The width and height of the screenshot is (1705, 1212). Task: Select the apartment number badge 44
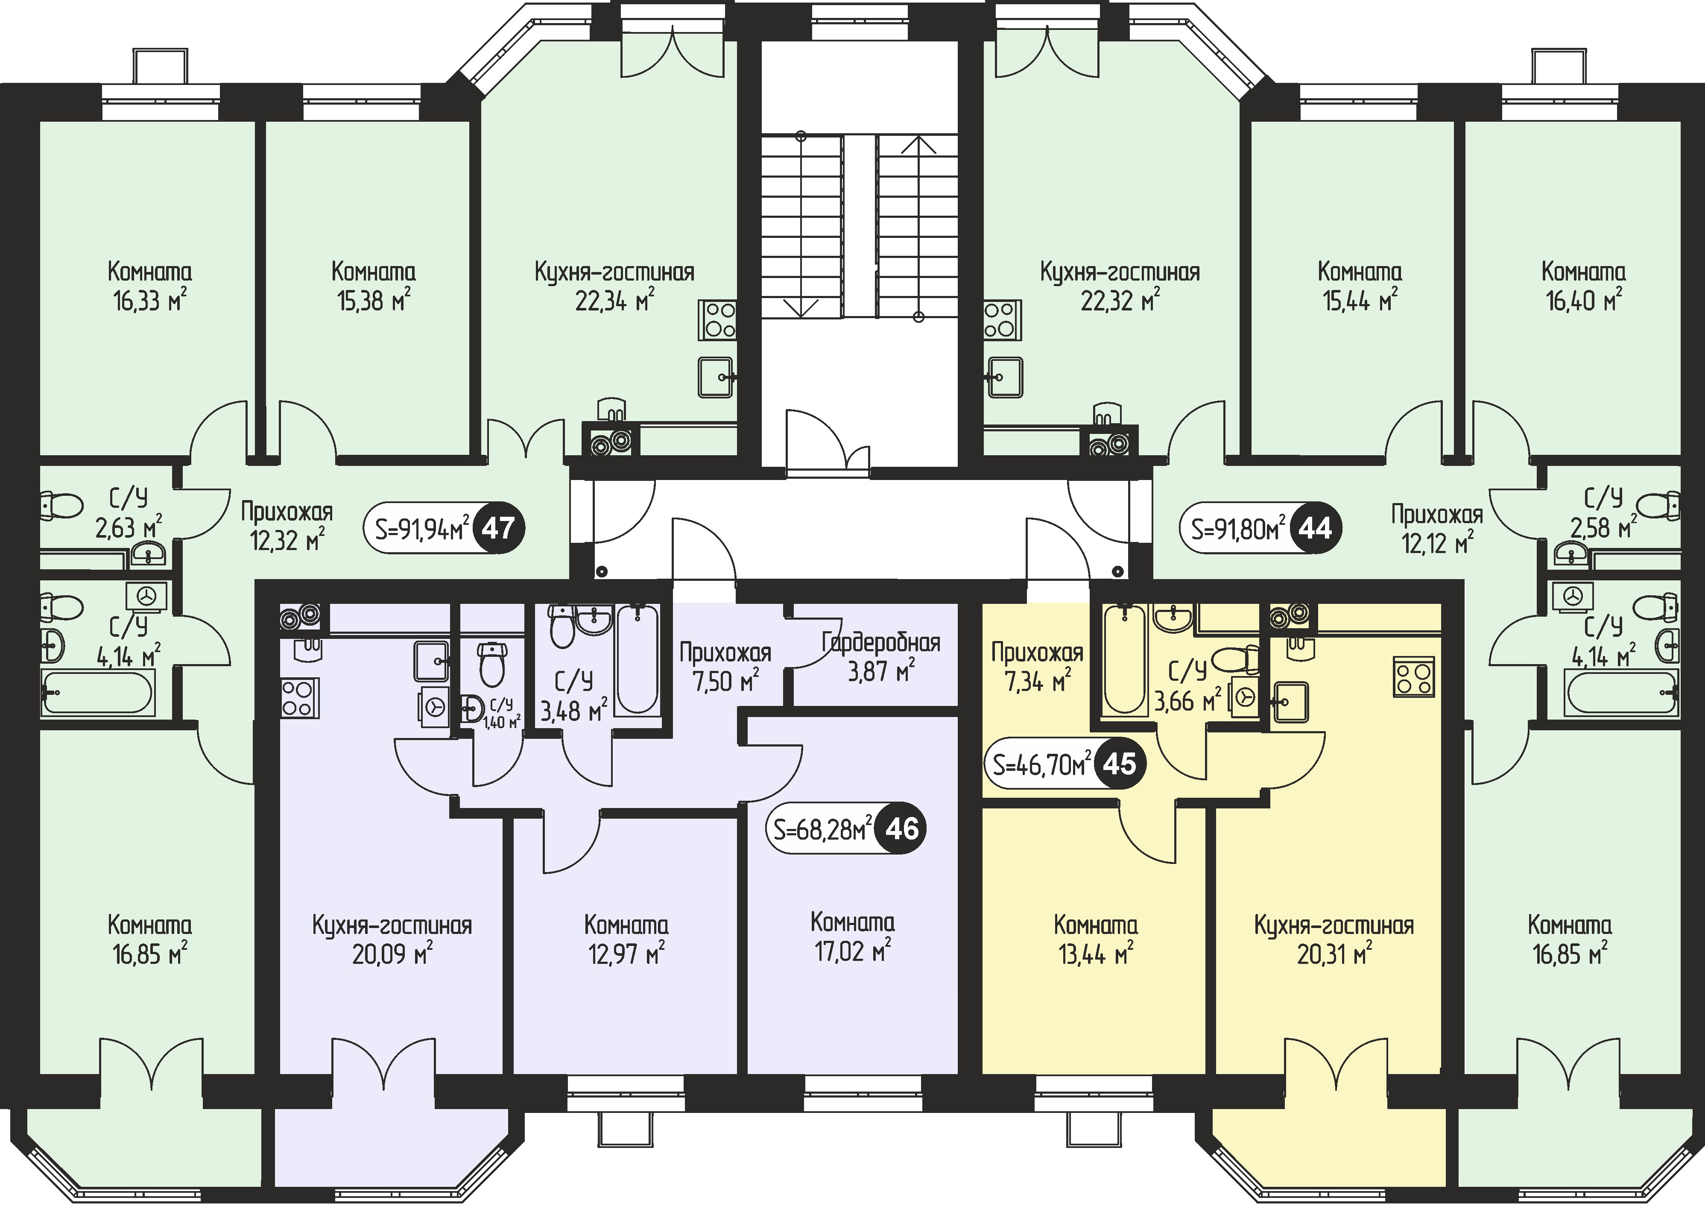point(1316,529)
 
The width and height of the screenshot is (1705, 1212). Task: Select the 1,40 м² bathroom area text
point(501,722)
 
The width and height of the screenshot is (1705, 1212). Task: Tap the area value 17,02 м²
point(853,951)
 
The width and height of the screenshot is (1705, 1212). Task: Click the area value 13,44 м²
point(1095,954)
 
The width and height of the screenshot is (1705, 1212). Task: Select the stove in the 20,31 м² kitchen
point(1414,677)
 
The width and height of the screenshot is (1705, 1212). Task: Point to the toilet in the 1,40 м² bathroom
point(492,664)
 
